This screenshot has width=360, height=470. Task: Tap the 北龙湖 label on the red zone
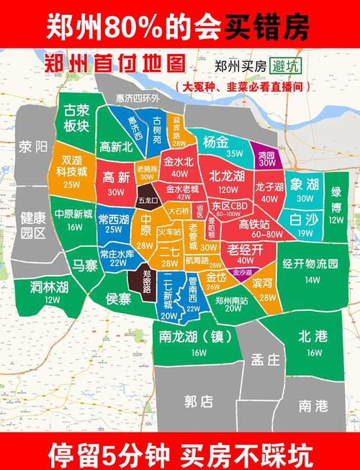[x=228, y=176]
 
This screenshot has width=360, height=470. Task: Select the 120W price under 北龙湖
[x=228, y=189]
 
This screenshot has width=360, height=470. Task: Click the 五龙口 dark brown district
[x=148, y=199]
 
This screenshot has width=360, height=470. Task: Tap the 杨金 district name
[x=216, y=141]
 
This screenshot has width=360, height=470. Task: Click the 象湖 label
[x=305, y=184]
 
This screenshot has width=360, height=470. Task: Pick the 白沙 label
[x=305, y=220]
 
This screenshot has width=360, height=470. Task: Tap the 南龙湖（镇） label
[x=199, y=336]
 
